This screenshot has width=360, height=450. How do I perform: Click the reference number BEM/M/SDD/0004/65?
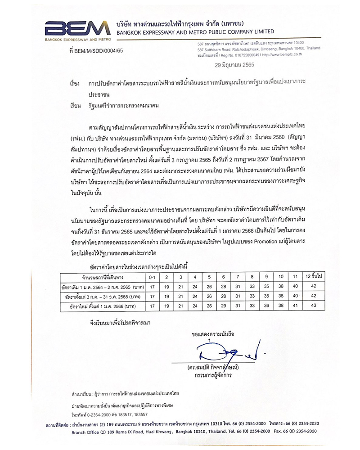(97, 52)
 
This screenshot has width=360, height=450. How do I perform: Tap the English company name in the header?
(194, 32)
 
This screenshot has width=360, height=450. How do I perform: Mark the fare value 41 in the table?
(295, 306)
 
